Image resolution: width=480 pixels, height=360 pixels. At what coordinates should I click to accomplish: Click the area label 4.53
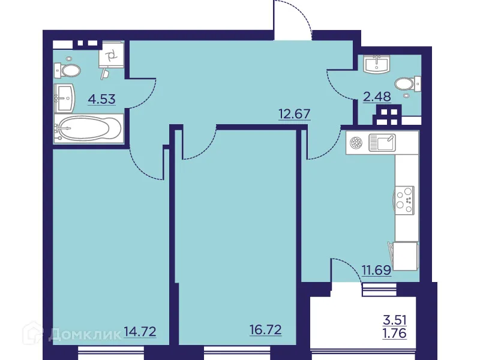coord(101,99)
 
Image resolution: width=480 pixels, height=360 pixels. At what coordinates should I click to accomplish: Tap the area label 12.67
coord(293,114)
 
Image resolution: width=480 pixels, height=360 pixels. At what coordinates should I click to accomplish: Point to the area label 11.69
coord(376,269)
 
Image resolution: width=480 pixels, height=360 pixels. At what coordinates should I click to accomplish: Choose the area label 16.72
coord(265,329)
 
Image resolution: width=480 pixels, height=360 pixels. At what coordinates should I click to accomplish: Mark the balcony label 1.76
coord(394,333)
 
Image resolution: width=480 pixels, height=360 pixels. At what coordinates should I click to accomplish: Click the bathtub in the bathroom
coord(88,128)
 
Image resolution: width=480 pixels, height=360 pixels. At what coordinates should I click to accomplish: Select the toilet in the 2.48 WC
coord(407,85)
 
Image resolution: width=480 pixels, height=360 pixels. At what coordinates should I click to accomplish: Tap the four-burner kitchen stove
coord(405,200)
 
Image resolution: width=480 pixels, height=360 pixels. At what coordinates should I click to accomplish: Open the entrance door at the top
coord(292,20)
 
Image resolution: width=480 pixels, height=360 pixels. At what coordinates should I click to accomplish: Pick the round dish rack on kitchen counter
coord(356,143)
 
